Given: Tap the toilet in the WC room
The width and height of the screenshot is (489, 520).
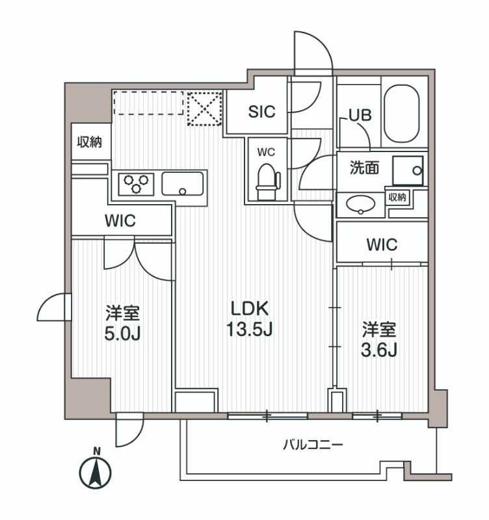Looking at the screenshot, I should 267,180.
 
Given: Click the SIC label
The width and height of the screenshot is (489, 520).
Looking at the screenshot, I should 261,111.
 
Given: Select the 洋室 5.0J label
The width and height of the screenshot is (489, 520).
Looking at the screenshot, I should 123,323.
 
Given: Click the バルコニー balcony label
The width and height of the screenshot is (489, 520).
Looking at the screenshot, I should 312,445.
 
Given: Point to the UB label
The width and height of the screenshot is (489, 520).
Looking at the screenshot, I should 360,115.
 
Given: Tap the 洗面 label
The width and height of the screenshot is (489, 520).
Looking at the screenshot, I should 365,168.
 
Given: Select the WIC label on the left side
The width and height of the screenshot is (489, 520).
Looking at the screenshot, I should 120,221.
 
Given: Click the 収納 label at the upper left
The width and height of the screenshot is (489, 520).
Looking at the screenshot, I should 90,142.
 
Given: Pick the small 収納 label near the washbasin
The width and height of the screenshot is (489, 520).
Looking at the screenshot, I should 398,198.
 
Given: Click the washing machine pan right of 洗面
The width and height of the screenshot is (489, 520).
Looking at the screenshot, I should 408,169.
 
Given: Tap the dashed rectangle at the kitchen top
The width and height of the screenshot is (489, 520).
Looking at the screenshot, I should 148,103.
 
